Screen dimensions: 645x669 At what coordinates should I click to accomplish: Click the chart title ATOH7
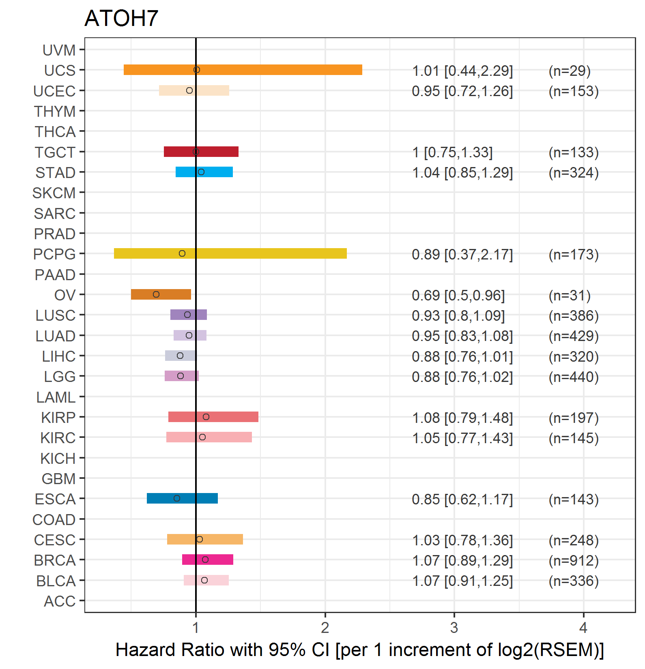[x=121, y=18]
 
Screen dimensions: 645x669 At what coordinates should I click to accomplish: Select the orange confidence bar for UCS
[x=243, y=70]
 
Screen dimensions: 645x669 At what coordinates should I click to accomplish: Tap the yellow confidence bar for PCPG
[x=230, y=253]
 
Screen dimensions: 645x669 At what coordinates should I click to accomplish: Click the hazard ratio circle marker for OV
[x=156, y=294]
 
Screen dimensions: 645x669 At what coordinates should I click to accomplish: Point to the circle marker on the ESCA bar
[x=177, y=498]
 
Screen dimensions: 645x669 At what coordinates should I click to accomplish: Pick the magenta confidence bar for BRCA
[x=208, y=560]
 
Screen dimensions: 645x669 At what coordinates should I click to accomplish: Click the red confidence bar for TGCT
[x=201, y=152]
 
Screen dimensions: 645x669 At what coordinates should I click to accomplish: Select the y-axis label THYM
[x=55, y=111]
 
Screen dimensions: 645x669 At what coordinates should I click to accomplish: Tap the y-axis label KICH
[x=58, y=459]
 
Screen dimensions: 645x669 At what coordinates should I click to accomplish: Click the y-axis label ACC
[x=60, y=601]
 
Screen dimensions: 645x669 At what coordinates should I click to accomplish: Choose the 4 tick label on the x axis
[x=583, y=628]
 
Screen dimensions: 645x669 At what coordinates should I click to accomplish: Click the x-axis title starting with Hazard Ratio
[x=360, y=650]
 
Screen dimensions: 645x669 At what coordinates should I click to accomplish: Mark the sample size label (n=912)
[x=574, y=561]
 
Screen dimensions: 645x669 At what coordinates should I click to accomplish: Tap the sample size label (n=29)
[x=570, y=71]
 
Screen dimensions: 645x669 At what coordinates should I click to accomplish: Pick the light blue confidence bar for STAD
[x=204, y=172]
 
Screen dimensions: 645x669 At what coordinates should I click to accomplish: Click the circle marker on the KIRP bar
[x=206, y=417]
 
